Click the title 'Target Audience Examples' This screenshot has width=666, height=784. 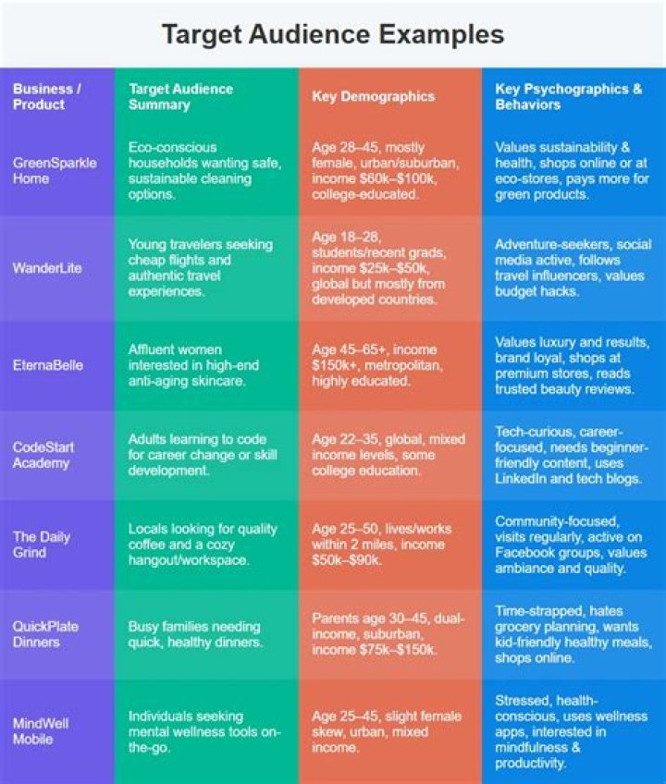[x=333, y=35]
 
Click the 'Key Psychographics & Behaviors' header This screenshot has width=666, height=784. [x=568, y=97]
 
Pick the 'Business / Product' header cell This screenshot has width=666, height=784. [x=46, y=97]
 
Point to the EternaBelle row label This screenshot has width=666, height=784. [x=47, y=365]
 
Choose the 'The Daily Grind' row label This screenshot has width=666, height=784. [x=42, y=545]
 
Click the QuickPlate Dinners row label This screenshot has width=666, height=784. [x=45, y=634]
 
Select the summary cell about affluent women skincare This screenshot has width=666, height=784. [x=195, y=365]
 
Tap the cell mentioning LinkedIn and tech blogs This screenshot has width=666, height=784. [x=565, y=455]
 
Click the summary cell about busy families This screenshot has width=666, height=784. [x=194, y=634]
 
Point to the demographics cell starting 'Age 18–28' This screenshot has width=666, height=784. [x=379, y=268]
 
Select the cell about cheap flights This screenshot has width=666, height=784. [x=200, y=268]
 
